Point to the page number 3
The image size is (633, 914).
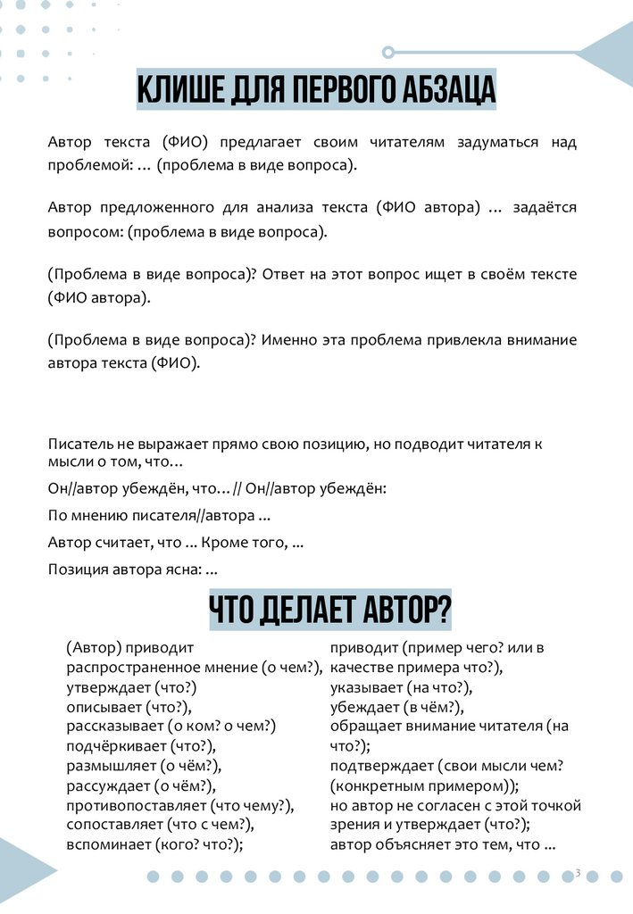577,872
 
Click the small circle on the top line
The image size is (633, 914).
387,52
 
